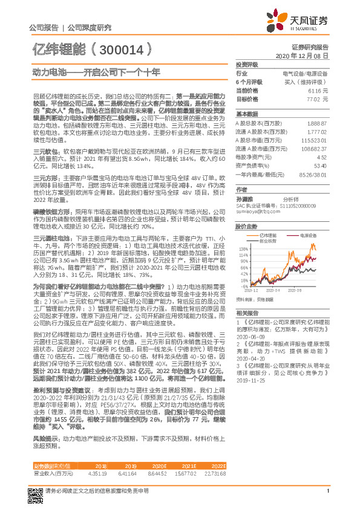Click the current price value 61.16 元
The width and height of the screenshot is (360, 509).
tap(318, 89)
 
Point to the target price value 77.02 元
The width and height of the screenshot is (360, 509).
tap(318, 98)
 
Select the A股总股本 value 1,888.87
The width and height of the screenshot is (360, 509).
tap(318, 123)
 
